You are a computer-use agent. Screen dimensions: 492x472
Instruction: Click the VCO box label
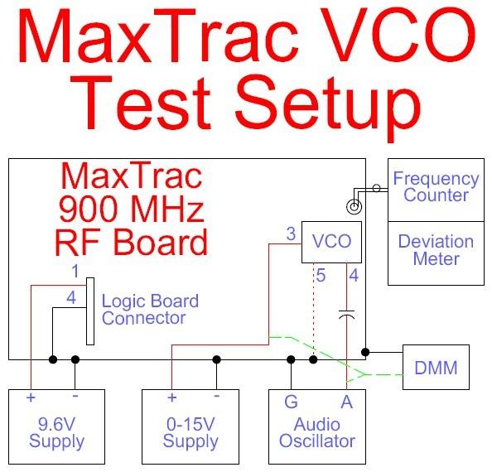pyautogui.click(x=331, y=241)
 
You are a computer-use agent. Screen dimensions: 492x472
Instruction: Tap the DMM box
pyautogui.click(x=436, y=368)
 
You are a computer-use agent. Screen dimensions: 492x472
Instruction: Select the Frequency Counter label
pyautogui.click(x=437, y=186)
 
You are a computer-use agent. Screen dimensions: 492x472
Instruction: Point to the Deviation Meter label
pyautogui.click(x=437, y=250)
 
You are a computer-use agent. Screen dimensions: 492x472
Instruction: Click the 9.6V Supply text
pyautogui.click(x=56, y=433)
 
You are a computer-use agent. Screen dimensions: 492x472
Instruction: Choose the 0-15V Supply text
pyautogui.click(x=191, y=433)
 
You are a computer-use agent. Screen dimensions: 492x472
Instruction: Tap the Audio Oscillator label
pyautogui.click(x=317, y=433)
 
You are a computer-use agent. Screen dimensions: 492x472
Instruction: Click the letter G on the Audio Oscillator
pyautogui.click(x=291, y=402)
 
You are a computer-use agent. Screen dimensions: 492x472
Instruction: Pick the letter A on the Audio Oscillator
pyautogui.click(x=347, y=402)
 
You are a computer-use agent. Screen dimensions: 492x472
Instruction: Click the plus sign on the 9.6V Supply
pyautogui.click(x=31, y=397)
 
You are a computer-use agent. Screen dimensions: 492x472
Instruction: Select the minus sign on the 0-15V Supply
pyautogui.click(x=216, y=396)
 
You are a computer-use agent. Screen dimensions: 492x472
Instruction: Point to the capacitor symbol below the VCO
pyautogui.click(x=347, y=315)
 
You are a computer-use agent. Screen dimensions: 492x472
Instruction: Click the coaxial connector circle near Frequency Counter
pyautogui.click(x=354, y=207)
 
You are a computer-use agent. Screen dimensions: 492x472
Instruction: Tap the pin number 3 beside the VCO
pyautogui.click(x=291, y=234)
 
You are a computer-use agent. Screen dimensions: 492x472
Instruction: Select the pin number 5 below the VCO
pyautogui.click(x=321, y=276)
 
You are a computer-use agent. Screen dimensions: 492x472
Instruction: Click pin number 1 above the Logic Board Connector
pyautogui.click(x=75, y=271)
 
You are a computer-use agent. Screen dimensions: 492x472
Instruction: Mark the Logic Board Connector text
pyautogui.click(x=150, y=310)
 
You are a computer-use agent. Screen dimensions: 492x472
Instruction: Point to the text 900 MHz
pyautogui.click(x=132, y=209)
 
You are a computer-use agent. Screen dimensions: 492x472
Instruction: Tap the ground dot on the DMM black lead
pyautogui.click(x=365, y=352)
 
